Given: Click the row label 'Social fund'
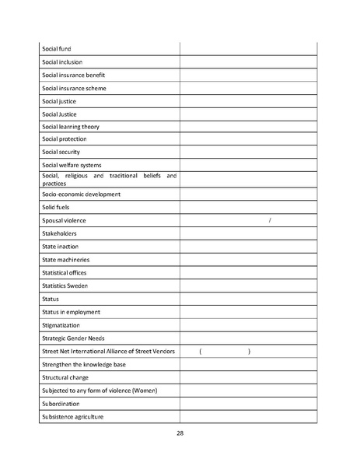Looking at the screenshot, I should coord(56,49).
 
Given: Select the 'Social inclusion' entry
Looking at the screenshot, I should coord(62,62).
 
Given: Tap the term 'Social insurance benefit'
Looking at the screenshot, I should coord(74,75).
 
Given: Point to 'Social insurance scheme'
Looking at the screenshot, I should coord(74,88).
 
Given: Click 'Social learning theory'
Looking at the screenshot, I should coord(71,127).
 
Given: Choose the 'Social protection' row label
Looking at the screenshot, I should coord(65,139).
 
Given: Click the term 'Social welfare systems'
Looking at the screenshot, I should coord(72,165).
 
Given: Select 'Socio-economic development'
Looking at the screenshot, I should coord(81,194).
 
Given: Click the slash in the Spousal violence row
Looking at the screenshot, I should coord(269,220).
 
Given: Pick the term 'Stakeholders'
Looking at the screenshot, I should coord(59,233).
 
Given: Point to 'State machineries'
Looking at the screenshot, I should coord(65,259).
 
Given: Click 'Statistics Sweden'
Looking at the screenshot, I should coord(65,286).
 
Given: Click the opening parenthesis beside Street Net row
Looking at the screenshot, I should coord(201,352).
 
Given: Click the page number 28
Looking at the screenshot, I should coord(180,433).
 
